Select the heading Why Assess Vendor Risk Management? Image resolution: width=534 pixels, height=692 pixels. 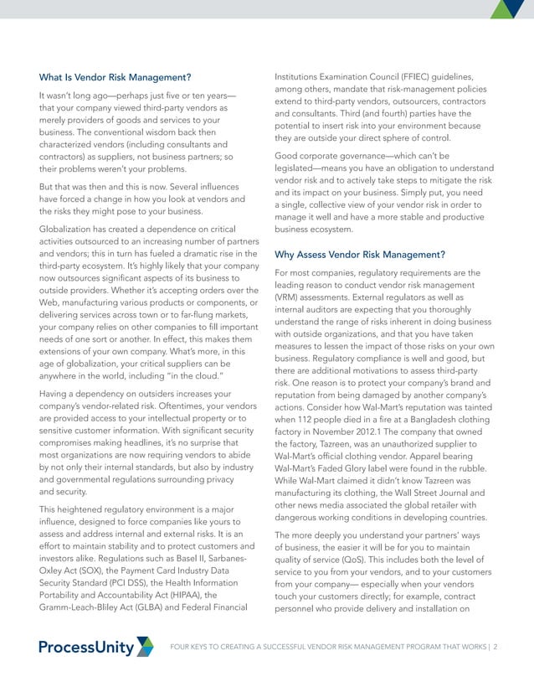point(358,254)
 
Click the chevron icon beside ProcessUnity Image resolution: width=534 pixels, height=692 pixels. point(145,646)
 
